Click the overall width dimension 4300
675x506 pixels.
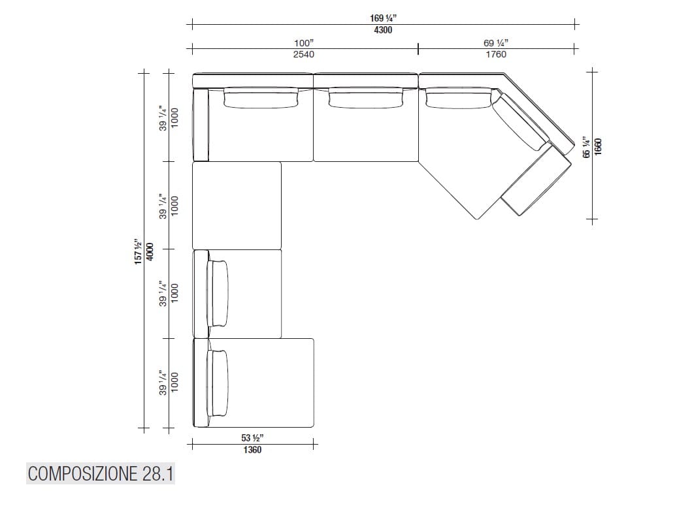(383, 30)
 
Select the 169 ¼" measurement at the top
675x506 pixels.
(383, 18)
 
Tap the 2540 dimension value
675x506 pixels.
(303, 54)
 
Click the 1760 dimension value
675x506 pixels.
(496, 54)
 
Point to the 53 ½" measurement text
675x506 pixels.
(252, 438)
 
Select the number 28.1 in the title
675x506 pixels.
(157, 473)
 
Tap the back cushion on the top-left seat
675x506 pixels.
(261, 99)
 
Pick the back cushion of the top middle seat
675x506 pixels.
(366, 99)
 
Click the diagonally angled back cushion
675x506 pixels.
(520, 123)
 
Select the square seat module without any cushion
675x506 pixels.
(237, 205)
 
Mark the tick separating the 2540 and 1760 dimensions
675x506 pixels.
(418, 48)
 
